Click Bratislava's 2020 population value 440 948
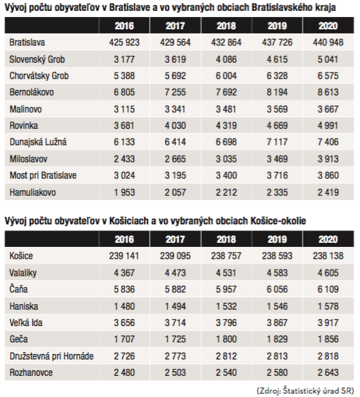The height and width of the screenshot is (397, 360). point(328,42)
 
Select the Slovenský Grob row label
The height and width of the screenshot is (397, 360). point(37,59)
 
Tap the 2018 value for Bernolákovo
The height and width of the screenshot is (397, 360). point(226,92)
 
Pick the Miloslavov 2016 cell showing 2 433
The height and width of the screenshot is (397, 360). point(124,159)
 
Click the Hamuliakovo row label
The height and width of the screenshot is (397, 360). point(33,192)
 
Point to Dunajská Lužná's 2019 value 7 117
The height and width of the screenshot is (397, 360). point(277,142)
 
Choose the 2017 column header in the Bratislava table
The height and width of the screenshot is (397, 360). point(175,26)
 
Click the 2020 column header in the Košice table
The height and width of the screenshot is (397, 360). point(328,239)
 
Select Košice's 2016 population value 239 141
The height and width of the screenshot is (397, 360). point(124,256)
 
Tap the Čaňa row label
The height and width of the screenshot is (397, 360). point(18,289)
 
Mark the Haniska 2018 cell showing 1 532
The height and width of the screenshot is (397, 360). point(226,306)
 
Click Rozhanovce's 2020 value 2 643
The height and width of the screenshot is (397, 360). point(328,372)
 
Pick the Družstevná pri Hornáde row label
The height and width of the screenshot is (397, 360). point(52,356)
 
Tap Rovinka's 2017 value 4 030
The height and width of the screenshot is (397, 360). point(175,126)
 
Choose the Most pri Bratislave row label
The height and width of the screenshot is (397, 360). point(43,175)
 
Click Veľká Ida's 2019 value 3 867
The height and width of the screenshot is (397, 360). point(277,323)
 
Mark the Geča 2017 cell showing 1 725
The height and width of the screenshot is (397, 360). point(175,339)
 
